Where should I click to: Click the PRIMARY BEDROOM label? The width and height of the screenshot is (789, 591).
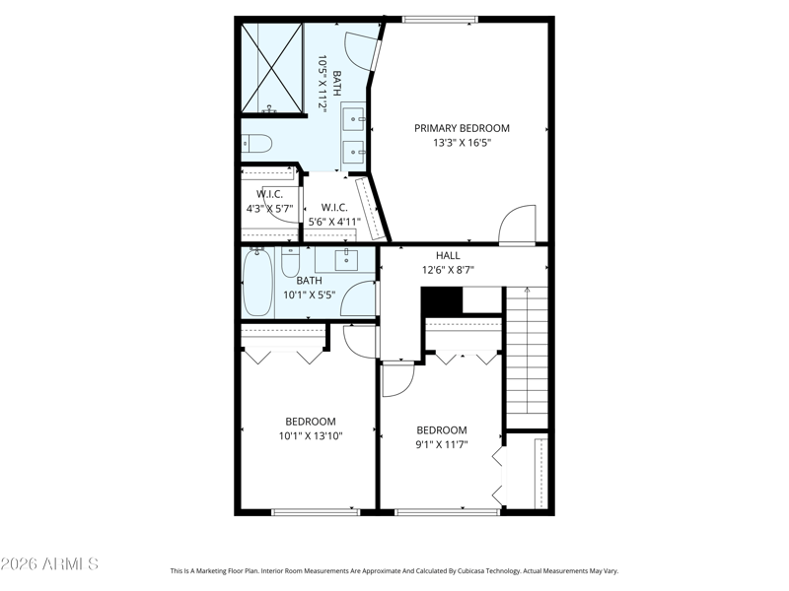tap(462, 128)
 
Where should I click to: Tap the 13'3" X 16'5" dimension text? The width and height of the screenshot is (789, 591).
tap(462, 143)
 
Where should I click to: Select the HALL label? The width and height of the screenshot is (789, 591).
tap(448, 255)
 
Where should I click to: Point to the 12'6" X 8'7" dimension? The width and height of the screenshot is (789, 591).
tap(448, 270)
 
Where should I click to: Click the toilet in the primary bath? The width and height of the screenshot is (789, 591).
tap(256, 143)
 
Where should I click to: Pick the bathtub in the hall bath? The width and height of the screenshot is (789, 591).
tap(257, 282)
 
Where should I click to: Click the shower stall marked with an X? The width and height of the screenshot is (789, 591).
tap(272, 68)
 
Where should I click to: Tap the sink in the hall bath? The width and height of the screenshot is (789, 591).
tap(347, 259)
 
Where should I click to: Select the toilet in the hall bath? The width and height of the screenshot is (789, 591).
tap(290, 261)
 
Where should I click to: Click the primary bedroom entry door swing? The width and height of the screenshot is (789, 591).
tap(517, 225)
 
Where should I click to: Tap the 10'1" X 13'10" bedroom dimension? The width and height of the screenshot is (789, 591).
tap(311, 435)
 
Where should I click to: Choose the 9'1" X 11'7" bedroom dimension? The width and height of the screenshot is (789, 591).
tap(442, 444)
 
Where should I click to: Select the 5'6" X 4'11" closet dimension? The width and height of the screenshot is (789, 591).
tap(334, 222)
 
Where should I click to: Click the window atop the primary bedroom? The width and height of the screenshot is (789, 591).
tap(440, 20)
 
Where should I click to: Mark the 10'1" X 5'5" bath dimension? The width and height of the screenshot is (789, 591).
tap(309, 295)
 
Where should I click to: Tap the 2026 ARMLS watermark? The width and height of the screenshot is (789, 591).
tap(49, 563)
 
